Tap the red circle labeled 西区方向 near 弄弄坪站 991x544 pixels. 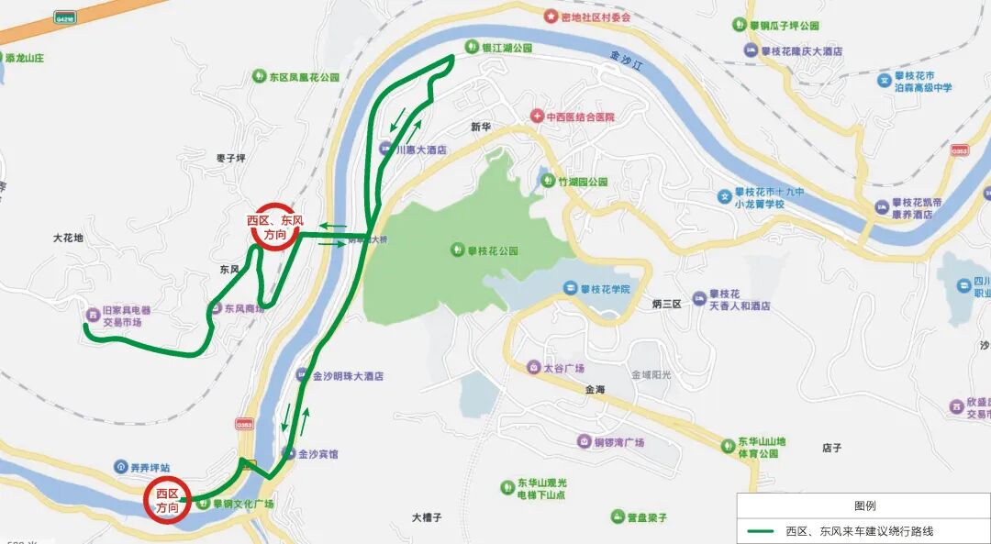click(x=168, y=501)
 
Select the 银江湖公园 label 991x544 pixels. click(x=507, y=47)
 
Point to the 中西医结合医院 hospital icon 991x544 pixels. click(x=537, y=117)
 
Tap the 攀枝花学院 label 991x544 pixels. click(x=605, y=289)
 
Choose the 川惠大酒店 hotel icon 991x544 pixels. click(x=385, y=149)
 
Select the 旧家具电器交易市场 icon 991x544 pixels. click(x=92, y=315)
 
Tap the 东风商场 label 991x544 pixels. click(x=244, y=309)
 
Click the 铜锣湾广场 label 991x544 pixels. click(x=618, y=442)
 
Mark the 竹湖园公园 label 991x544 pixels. click(x=583, y=182)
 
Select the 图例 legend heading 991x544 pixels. click(x=864, y=505)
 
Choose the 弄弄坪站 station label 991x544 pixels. click(x=150, y=467)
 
